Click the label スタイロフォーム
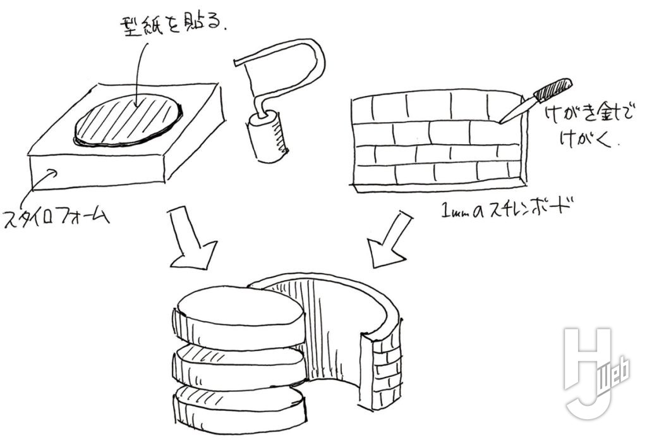point(57,218)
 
